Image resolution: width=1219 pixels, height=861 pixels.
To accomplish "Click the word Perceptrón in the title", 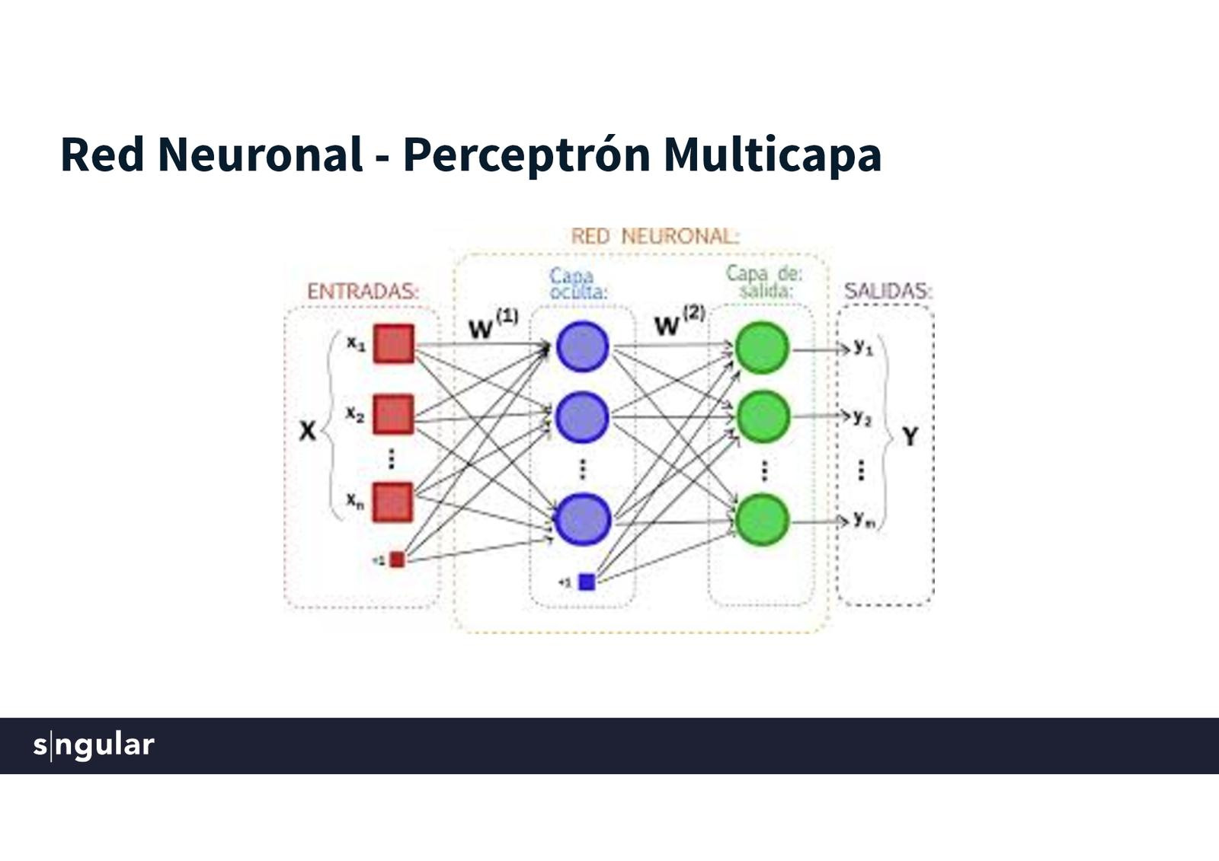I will tap(526, 155).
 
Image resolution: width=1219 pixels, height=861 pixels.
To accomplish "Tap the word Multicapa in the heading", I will tap(772, 155).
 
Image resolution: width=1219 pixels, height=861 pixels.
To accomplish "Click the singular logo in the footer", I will tap(94, 745).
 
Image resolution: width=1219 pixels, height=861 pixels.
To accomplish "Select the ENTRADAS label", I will tap(363, 292).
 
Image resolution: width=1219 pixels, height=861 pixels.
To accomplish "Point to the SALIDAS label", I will tap(888, 291).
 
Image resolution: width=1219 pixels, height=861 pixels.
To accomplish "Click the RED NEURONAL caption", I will tap(655, 237).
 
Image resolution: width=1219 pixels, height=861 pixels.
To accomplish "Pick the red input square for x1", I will tap(394, 344).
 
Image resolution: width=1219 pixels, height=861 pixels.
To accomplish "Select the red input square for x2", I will tap(393, 414).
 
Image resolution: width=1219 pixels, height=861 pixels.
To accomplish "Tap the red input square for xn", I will tap(393, 502).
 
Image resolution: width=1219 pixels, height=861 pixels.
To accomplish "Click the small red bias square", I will tap(397, 560).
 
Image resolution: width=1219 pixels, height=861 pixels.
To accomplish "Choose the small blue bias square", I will tap(586, 582).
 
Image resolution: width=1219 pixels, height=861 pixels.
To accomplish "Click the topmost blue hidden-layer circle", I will tap(582, 347).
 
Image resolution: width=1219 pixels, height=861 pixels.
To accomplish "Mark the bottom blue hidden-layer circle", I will tap(583, 519).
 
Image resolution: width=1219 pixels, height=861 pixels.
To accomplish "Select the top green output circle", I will tap(761, 348).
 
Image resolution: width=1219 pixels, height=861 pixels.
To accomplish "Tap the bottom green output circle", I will tap(761, 520).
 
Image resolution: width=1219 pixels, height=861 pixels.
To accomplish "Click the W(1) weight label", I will tap(492, 324).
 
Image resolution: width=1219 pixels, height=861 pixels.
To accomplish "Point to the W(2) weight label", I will tap(679, 321).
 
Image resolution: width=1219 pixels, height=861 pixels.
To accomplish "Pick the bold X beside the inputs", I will tap(307, 431).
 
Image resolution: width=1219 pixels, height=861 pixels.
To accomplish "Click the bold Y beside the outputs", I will tap(910, 437).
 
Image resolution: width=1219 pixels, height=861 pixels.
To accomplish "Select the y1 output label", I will tap(863, 348).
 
